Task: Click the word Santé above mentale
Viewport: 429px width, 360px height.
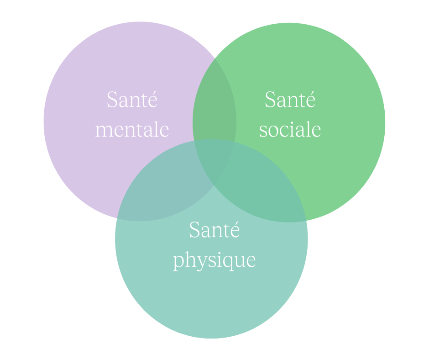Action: tap(132, 100)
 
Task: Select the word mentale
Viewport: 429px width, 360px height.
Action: tap(132, 130)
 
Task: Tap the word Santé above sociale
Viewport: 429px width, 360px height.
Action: tap(290, 100)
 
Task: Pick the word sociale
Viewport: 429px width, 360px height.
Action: tap(290, 130)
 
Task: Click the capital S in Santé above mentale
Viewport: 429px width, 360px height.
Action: tap(112, 100)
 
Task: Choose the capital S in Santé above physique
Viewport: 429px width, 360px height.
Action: tap(194, 230)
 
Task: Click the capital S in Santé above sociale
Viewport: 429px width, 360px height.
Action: tap(270, 100)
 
